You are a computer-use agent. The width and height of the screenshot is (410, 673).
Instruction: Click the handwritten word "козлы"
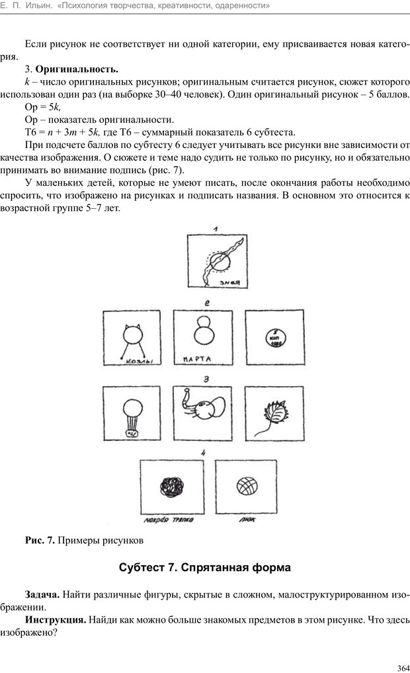click(x=132, y=361)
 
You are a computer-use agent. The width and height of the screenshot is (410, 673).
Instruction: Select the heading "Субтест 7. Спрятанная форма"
click(x=205, y=568)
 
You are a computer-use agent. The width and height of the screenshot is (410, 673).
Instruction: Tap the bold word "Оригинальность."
click(x=77, y=69)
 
